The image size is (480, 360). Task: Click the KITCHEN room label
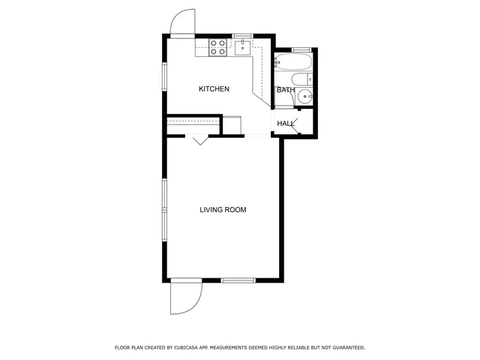pos(214,89)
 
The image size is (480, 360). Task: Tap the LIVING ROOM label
pos(223,209)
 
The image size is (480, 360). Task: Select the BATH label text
pos(286,90)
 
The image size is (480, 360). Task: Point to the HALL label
pos(286,123)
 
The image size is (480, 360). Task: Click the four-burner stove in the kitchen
pos(218,48)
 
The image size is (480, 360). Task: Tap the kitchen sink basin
pos(242,48)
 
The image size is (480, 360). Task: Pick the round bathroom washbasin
pos(304,96)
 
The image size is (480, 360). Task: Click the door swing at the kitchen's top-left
pos(181,24)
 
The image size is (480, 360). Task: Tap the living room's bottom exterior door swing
pos(184,299)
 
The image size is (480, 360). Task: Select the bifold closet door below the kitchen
pos(199,139)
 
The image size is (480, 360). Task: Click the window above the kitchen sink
pos(242,35)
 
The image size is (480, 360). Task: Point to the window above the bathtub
pos(301,49)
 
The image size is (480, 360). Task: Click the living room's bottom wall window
pos(238,280)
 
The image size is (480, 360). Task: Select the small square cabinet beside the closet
pos(232,124)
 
